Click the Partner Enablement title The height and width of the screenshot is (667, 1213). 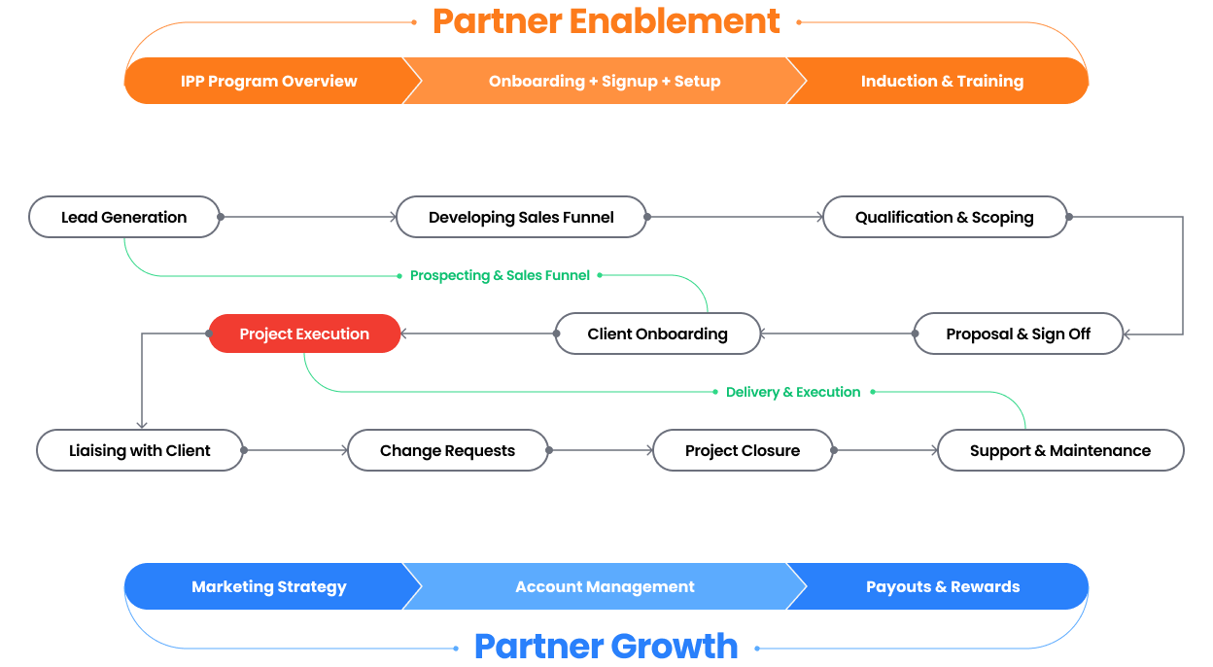606,21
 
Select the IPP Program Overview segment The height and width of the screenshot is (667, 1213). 268,82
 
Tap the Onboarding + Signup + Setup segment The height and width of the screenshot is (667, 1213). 604,82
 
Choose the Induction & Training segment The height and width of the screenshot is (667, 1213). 941,82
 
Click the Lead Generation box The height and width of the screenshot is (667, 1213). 124,217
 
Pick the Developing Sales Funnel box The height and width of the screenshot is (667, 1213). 521,217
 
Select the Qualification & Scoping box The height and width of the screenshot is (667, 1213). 944,217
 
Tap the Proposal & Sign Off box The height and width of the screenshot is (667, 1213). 1018,333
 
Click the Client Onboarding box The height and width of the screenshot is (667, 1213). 657,333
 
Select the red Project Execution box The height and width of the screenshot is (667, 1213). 304,333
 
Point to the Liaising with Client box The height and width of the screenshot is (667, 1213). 140,450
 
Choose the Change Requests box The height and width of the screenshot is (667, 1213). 447,450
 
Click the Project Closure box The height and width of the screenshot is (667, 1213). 743,450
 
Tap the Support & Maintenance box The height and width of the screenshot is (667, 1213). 1059,450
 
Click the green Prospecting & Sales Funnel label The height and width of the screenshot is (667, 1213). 500,275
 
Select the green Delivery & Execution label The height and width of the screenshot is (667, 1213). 793,392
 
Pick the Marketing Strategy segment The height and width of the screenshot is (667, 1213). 268,586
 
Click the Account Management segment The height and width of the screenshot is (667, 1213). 605,586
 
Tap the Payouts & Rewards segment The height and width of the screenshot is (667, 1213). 942,586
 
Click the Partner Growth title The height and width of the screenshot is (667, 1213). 606,646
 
